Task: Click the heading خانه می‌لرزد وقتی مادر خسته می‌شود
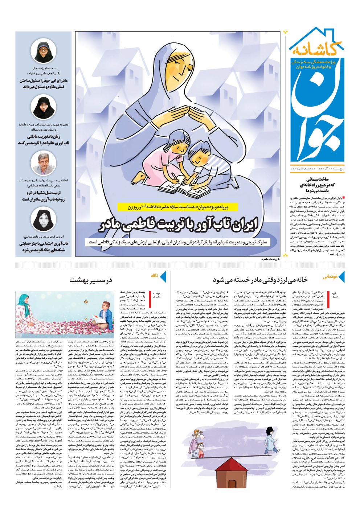point(260,280)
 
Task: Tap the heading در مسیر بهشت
point(91,280)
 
